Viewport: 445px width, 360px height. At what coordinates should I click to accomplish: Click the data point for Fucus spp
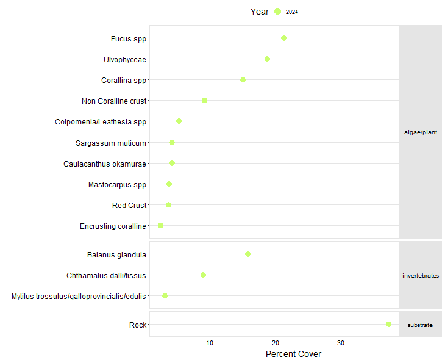tap(283, 38)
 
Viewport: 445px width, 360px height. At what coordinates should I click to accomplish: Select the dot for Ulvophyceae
tap(267, 59)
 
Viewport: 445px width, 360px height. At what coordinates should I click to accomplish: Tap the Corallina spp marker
tap(243, 80)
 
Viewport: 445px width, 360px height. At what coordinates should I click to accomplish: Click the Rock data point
tap(388, 325)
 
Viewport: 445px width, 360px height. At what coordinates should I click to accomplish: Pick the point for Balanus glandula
tap(247, 254)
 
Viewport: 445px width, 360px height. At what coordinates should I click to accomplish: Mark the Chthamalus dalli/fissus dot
tap(203, 275)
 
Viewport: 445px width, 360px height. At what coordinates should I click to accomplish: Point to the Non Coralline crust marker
tap(204, 101)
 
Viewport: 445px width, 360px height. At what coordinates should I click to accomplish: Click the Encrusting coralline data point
tap(160, 226)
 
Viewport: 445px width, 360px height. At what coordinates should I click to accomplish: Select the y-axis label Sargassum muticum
tap(111, 143)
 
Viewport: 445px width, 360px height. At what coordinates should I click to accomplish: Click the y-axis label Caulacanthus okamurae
tap(105, 164)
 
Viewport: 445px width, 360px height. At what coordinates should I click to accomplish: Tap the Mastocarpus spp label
tap(117, 185)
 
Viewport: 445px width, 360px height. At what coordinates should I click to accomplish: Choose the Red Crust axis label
tap(129, 206)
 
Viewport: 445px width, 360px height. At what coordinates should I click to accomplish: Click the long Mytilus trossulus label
tap(79, 297)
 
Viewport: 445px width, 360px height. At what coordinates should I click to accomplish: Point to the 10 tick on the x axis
tap(210, 344)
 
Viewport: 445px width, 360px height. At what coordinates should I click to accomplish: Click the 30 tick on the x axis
tap(341, 344)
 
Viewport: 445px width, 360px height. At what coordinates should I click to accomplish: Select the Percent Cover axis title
tap(293, 354)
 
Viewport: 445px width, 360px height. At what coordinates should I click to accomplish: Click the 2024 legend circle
tap(277, 12)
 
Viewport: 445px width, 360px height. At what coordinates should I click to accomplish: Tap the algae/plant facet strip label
tap(421, 132)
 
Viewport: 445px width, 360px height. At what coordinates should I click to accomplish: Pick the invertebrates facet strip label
tap(421, 276)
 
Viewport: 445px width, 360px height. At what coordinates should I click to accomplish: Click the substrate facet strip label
tap(421, 325)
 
